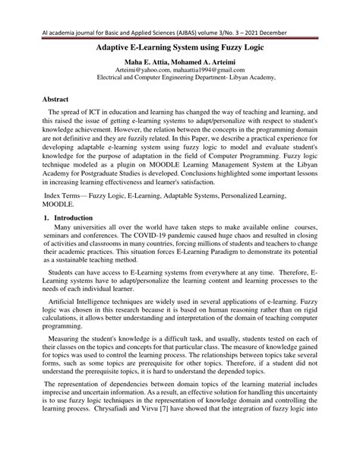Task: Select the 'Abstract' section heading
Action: [55, 100]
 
